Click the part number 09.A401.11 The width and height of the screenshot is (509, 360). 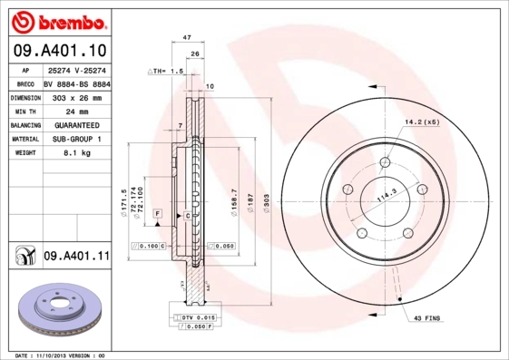click(76, 258)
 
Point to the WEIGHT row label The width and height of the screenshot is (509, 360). click(24, 153)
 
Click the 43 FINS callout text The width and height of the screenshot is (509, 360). click(427, 318)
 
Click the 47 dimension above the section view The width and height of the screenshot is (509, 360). click(187, 38)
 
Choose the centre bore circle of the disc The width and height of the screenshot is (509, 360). click(385, 197)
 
